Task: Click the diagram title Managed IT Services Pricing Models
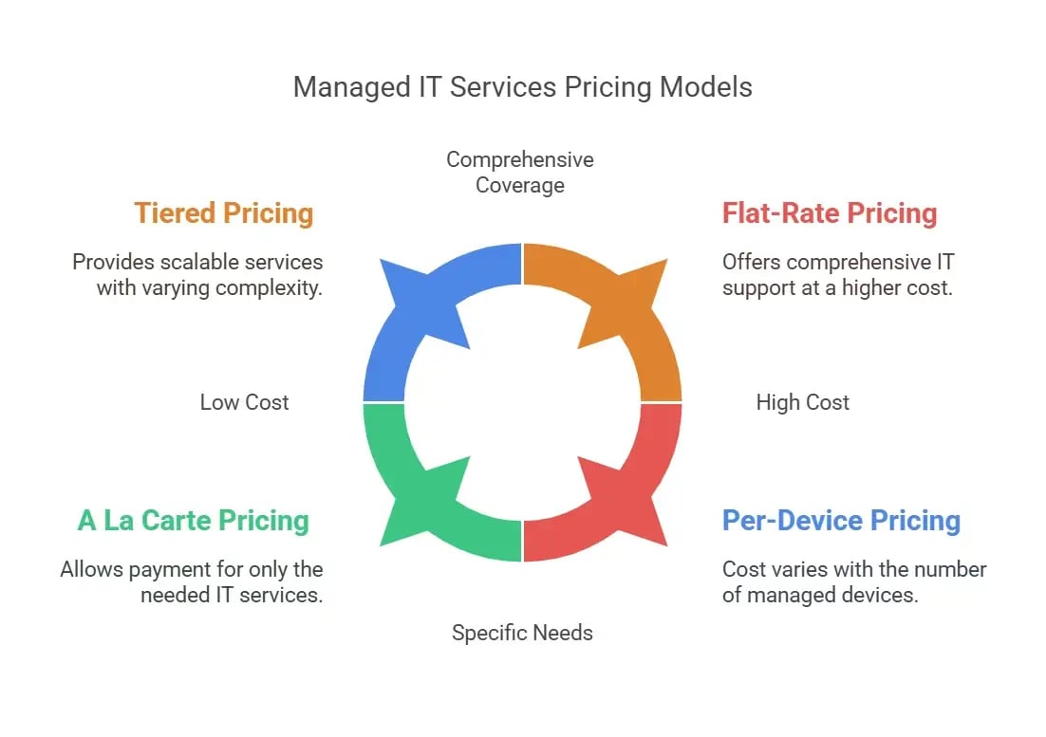pyautogui.click(x=522, y=87)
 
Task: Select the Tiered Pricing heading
pyautogui.click(x=224, y=213)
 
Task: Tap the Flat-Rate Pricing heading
pyautogui.click(x=830, y=213)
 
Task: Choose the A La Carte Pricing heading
pyautogui.click(x=194, y=521)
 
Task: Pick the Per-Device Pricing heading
pyautogui.click(x=841, y=521)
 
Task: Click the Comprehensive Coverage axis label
pyautogui.click(x=520, y=172)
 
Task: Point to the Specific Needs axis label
pyautogui.click(x=522, y=633)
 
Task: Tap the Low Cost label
pyautogui.click(x=244, y=402)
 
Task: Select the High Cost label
pyautogui.click(x=802, y=402)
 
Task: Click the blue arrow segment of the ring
pyautogui.click(x=399, y=322)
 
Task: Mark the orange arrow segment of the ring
pyautogui.click(x=645, y=322)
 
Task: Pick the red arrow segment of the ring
pyautogui.click(x=645, y=484)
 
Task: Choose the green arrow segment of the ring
pyautogui.click(x=399, y=484)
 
